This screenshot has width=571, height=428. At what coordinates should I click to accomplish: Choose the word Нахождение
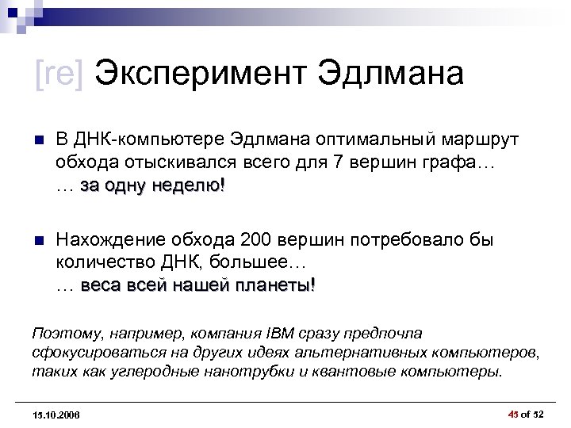tap(104, 239)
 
